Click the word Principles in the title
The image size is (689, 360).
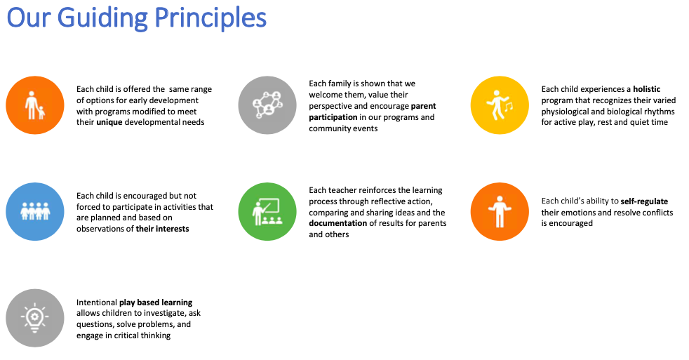210,18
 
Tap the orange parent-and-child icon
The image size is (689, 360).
35,105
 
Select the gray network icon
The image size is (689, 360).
267,105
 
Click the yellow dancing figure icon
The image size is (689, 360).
500,105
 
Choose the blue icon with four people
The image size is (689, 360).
35,211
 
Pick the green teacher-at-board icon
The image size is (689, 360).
267,211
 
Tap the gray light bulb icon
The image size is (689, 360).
35,318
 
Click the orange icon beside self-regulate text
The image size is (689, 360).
500,211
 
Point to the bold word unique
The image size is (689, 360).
109,122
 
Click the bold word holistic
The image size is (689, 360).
647,89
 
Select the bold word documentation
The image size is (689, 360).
338,223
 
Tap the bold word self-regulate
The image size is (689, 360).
644,201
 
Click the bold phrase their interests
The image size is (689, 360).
163,229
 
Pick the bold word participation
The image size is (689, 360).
333,117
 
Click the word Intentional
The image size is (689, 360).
97,302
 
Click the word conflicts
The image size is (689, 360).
657,213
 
